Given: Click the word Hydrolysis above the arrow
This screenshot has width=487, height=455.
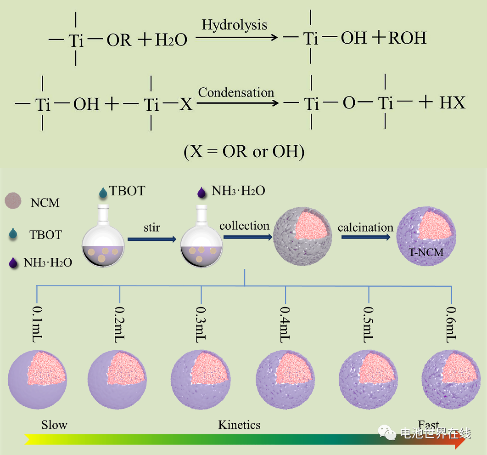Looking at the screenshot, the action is click(234, 25).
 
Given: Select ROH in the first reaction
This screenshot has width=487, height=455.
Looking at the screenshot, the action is click(408, 38).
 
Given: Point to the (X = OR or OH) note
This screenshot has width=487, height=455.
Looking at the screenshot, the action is click(244, 152).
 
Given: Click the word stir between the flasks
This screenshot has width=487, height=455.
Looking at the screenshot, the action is click(151, 227).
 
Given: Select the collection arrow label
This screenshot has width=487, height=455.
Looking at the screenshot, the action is click(244, 226).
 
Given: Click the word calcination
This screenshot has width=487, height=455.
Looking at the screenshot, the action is click(365, 227).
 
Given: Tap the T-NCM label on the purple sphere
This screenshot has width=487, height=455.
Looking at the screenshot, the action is click(426, 252).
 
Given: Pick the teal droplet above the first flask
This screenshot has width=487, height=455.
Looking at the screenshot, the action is click(103, 193).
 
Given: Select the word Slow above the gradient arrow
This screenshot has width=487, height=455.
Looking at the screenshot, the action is click(54, 424).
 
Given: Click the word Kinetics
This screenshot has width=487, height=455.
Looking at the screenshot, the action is click(239, 424).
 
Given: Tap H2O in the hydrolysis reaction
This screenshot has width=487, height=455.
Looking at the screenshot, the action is click(171, 40).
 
